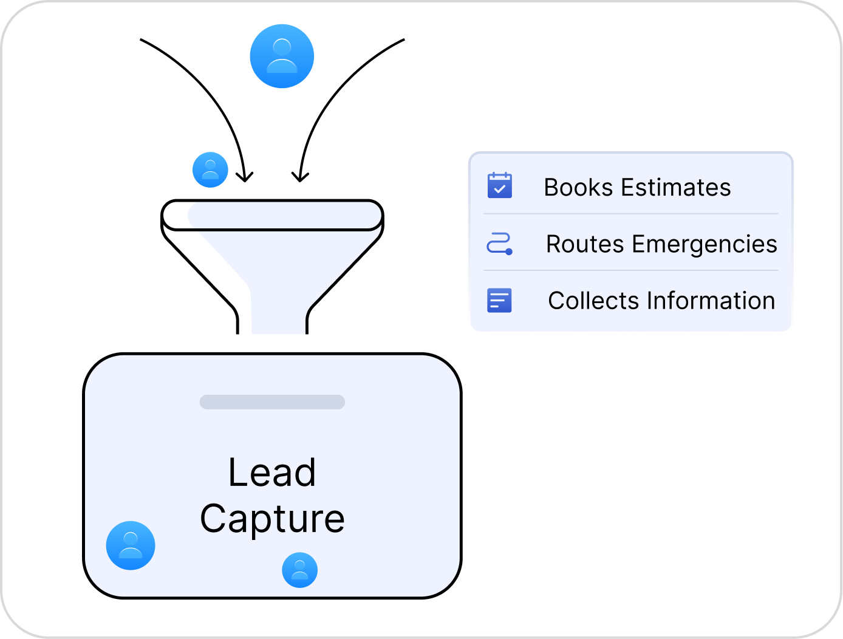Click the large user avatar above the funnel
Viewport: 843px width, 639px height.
[282, 56]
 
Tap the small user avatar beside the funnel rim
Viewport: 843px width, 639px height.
[210, 169]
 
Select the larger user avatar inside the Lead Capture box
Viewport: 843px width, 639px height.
[131, 545]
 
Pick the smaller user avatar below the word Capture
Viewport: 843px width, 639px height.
[299, 570]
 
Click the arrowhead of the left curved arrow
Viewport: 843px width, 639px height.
[244, 177]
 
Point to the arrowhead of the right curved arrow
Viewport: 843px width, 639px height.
[299, 177]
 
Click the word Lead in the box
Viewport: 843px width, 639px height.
[272, 473]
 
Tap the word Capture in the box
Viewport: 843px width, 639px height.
[272, 519]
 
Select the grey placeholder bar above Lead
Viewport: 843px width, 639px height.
[272, 402]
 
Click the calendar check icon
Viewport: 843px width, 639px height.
[500, 186]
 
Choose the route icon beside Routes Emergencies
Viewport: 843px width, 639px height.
[500, 244]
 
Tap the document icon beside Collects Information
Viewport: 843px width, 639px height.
[500, 300]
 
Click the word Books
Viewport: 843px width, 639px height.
[578, 188]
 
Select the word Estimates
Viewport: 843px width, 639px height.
[675, 188]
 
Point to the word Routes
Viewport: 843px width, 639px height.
[585, 244]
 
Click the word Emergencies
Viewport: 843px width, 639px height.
[704, 244]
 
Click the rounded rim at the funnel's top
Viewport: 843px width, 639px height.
[272, 215]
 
